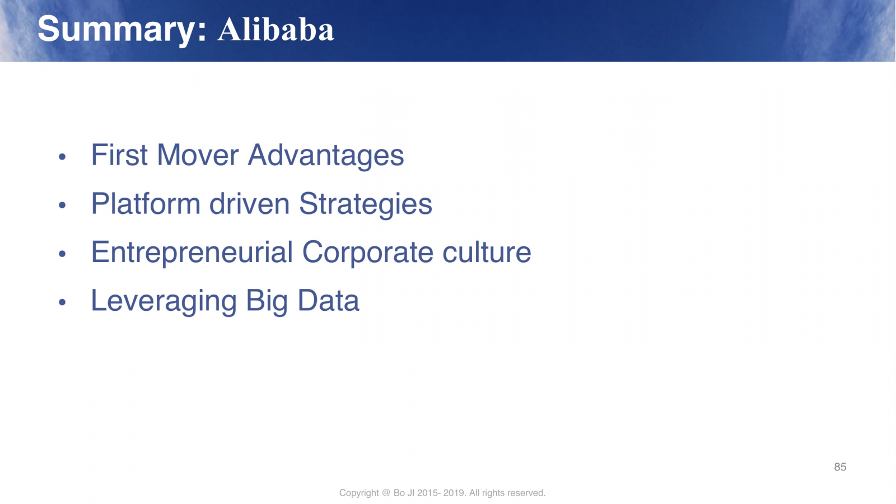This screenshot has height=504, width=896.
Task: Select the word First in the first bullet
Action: (119, 155)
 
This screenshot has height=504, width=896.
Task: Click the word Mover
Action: (198, 155)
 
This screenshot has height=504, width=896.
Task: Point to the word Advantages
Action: (326, 156)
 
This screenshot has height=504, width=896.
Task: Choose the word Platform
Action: (146, 204)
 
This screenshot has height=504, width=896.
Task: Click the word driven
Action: (249, 204)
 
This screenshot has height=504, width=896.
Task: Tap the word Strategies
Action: (366, 204)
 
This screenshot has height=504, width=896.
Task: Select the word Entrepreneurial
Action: (192, 253)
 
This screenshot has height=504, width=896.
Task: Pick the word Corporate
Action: (367, 253)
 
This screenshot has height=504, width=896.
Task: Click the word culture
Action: (487, 252)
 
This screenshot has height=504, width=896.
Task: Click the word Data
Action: (328, 300)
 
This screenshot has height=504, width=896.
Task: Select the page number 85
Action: (840, 467)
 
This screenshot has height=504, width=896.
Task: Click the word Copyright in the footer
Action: (359, 493)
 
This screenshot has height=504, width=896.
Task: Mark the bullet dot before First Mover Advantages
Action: (62, 156)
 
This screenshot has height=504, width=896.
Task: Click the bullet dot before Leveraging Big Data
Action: (62, 302)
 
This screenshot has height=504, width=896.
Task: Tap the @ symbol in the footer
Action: (386, 493)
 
